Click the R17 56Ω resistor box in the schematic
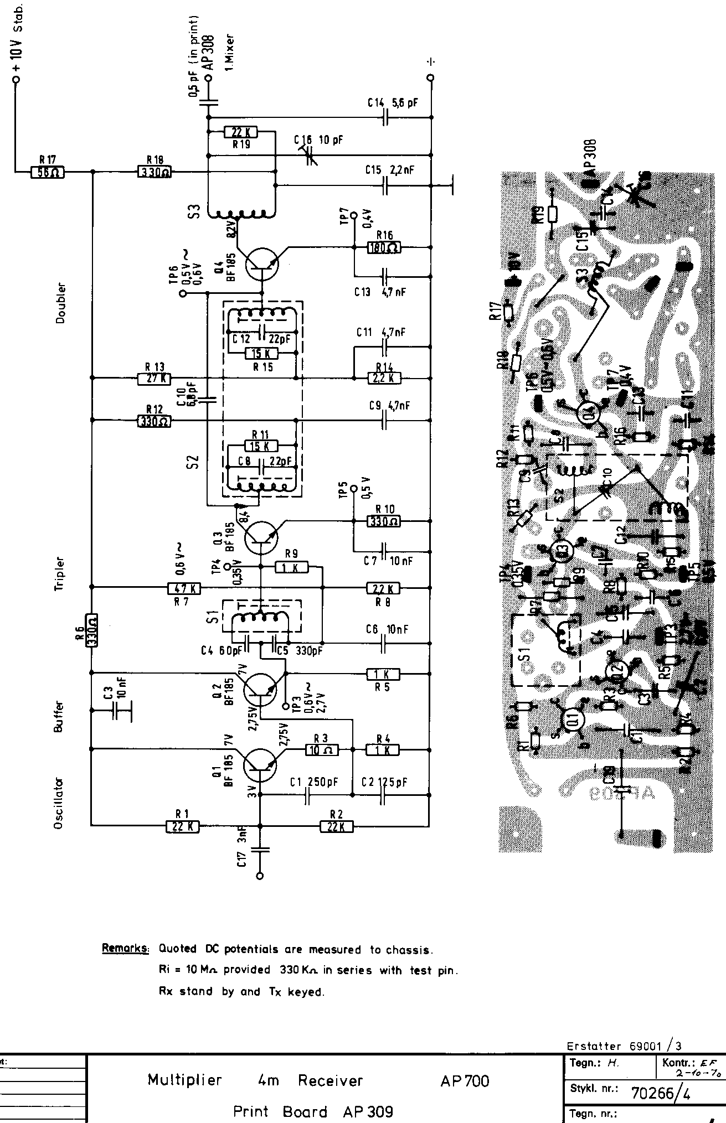(47, 172)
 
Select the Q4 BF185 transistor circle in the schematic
(262, 264)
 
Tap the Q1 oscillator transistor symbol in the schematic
(260, 765)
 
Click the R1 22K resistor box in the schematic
(182, 826)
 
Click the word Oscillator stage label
(59, 803)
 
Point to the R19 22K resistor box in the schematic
(241, 132)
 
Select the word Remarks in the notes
(125, 949)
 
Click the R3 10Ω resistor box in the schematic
(321, 749)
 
